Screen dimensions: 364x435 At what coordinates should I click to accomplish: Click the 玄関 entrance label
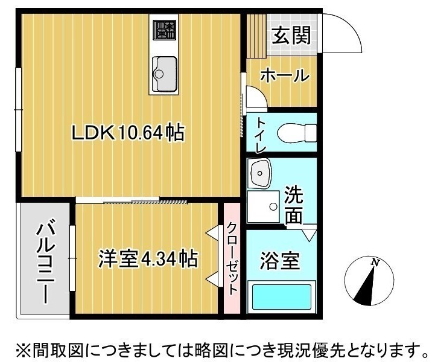291,36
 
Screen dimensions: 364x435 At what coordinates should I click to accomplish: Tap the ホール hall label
285,76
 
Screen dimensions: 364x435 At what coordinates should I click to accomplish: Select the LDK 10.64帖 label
128,133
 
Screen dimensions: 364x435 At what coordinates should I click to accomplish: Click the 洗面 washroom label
294,206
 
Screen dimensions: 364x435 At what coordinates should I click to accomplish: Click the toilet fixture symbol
296,132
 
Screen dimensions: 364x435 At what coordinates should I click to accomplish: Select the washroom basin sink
261,174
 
